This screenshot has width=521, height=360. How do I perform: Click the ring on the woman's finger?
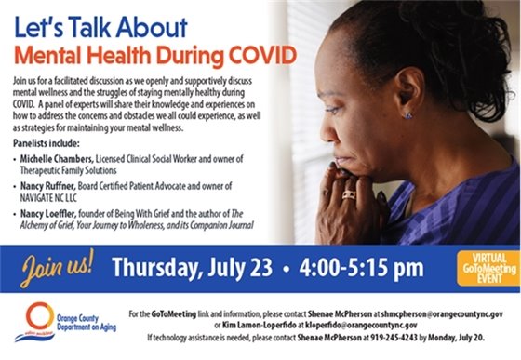(x=348, y=194)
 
